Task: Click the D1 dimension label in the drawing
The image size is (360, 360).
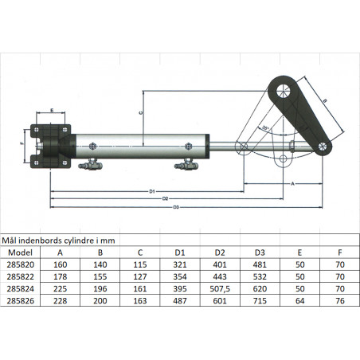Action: coord(151,192)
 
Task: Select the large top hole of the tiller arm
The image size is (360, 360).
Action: coord(283,89)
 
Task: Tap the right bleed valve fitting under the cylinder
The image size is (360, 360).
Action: coord(189,166)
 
